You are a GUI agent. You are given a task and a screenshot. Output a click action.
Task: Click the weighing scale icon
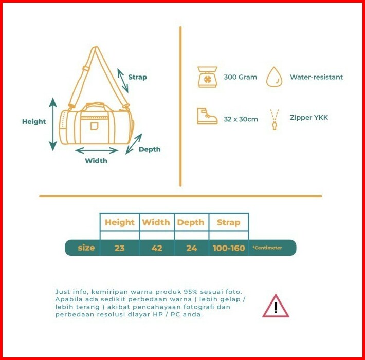tap(208, 77)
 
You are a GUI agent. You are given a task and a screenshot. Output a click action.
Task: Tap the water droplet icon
tap(275, 77)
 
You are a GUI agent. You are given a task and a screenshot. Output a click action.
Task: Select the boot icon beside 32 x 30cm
tap(207, 116)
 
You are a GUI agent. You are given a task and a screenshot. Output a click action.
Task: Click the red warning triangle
tap(276, 307)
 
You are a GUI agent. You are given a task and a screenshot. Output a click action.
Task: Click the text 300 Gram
tap(240, 78)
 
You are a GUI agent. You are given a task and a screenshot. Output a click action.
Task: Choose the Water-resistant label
tap(316, 77)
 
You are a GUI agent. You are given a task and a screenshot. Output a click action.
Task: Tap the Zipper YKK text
tap(308, 118)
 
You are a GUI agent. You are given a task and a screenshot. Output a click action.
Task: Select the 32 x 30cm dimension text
tap(241, 119)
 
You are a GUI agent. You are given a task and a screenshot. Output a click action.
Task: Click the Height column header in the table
tap(119, 222)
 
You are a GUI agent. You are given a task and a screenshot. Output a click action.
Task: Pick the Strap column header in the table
tap(228, 222)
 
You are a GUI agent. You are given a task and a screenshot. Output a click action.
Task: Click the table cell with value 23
tap(120, 248)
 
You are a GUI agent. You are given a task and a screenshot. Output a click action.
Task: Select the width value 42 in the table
tap(157, 248)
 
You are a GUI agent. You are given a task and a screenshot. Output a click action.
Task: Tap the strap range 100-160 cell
tap(229, 248)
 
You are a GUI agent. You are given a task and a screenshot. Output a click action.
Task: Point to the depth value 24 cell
tap(192, 248)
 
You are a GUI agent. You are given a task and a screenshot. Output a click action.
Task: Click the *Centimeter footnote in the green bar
tap(267, 248)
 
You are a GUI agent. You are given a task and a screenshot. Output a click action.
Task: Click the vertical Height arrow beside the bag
tap(53, 124)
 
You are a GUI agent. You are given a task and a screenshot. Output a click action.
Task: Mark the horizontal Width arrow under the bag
tap(97, 150)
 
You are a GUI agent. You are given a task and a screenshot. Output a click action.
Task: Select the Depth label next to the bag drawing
tap(150, 149)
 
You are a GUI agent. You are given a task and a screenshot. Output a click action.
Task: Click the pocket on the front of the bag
tap(94, 126)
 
